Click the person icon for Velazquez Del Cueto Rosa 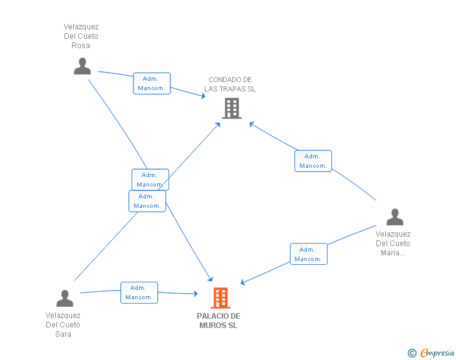tap(82, 66)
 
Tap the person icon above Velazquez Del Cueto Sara tap(65, 298)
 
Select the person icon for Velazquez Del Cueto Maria tap(395, 217)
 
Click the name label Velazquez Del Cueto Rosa tap(81, 36)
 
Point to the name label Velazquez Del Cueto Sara tap(63, 324)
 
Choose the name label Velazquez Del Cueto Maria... tap(393, 244)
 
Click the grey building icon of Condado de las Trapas tap(232, 108)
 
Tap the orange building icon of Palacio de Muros tap(220, 298)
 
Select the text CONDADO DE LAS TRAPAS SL tap(230, 85)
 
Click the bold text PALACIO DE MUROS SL tap(219, 321)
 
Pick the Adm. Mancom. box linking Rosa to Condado tap(152, 83)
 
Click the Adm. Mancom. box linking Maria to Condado tap(313, 161)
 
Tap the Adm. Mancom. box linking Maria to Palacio tap(309, 254)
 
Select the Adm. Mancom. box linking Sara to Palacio tap(139, 292)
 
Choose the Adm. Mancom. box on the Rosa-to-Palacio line tap(150, 180)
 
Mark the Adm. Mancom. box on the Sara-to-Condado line tap(147, 201)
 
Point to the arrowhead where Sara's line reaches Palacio tap(195, 294)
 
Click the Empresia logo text tap(437, 353)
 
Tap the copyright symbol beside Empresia tap(412, 353)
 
